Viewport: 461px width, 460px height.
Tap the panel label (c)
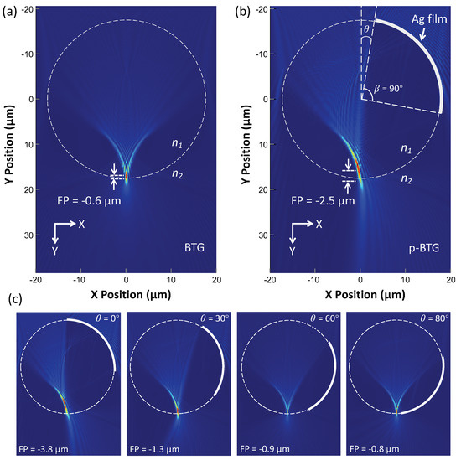coord(10,299)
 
